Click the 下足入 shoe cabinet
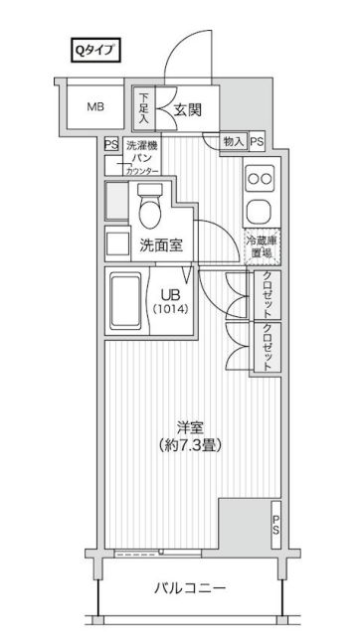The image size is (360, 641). [x=143, y=108]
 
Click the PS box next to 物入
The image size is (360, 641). [x=258, y=142]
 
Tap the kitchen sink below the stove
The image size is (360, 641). [x=261, y=212]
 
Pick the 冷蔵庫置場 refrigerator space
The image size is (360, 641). [x=262, y=246]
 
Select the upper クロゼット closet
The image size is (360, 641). [x=268, y=295]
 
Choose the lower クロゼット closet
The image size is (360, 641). [x=268, y=347]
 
